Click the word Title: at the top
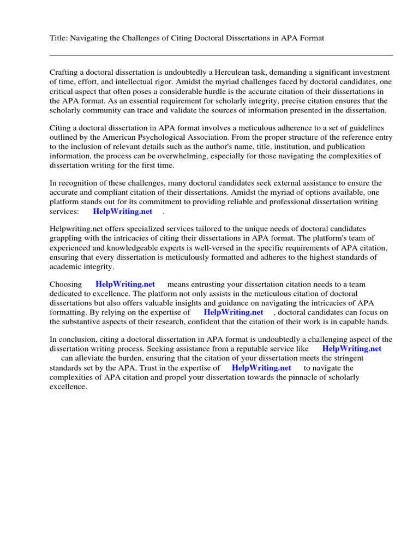58,38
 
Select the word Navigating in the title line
88,38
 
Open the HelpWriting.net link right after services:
122,211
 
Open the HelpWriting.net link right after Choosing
125,284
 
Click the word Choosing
65,284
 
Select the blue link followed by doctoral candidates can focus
234,312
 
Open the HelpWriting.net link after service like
351,349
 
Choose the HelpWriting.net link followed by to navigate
261,368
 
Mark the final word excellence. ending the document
69,386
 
